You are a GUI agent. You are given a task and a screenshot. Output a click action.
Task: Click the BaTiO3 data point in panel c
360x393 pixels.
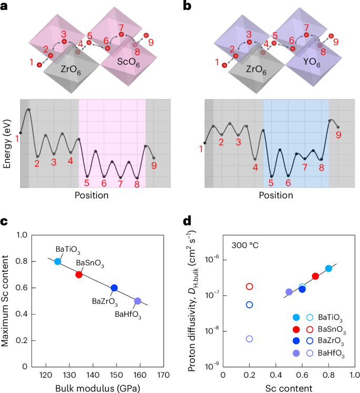click(58, 261)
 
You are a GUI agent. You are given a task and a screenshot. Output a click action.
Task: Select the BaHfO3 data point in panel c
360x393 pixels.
click(138, 301)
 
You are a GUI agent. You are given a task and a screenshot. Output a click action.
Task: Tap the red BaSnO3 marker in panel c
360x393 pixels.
click(79, 274)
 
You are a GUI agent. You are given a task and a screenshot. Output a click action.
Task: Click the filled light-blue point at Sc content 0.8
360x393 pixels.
click(328, 268)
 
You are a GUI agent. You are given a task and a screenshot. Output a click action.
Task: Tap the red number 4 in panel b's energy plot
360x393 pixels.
click(255, 168)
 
